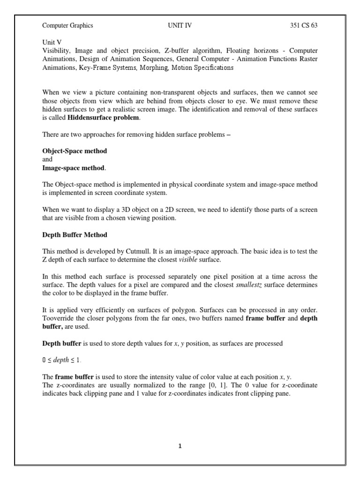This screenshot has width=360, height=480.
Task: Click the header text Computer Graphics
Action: pos(67,26)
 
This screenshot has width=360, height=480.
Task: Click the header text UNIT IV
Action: pos(180,26)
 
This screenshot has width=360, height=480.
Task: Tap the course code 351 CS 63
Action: pos(304,26)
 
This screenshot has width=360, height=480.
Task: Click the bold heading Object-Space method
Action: pos(75,151)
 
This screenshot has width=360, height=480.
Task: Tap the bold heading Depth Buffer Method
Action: pos(75,234)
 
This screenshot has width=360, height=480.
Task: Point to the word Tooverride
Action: pos(58,319)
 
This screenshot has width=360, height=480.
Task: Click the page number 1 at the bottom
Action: pos(180,446)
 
